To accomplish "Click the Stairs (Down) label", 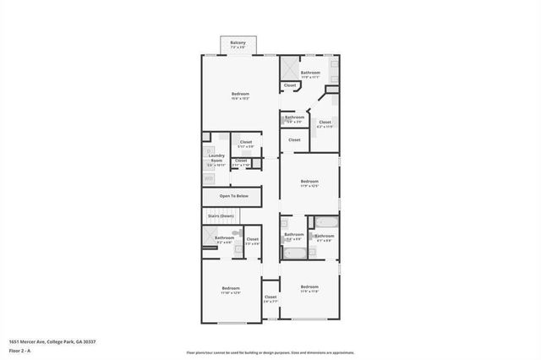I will point(221,216).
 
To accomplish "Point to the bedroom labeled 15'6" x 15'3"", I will point(239,95).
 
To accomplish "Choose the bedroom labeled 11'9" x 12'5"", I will point(309,183).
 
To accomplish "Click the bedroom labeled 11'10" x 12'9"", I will point(231,291).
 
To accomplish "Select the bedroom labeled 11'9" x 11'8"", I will point(309,289).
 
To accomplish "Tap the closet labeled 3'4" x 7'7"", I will point(270,298).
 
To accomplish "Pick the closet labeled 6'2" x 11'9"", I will point(325,123).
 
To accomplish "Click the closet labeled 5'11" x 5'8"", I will point(246,144).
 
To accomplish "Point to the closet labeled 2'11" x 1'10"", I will point(241,161).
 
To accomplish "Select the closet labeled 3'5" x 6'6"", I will point(252,241).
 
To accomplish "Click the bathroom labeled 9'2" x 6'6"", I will point(224,239).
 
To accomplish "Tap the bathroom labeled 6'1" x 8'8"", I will point(325,237).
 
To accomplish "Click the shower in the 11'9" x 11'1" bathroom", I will point(290,68).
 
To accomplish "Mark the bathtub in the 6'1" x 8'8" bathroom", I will point(325,223).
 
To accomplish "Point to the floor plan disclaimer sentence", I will point(270,352).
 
